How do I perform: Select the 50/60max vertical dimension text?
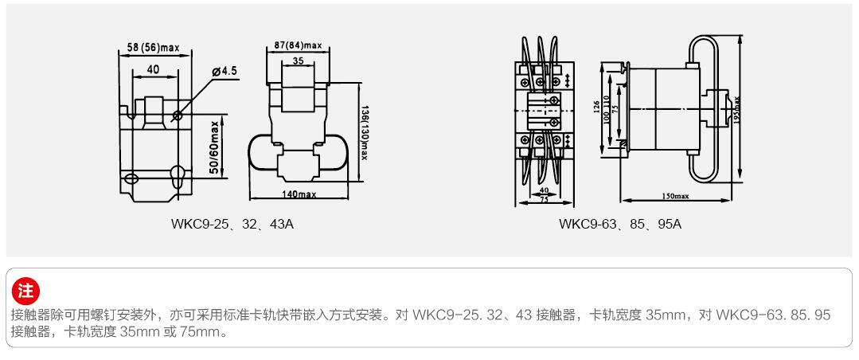[x=215, y=148]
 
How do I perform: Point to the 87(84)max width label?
[x=297, y=45]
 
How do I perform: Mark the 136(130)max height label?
[x=364, y=132]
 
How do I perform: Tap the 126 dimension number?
[x=597, y=108]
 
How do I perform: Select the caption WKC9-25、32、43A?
[x=232, y=224]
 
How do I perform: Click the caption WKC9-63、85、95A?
[x=620, y=224]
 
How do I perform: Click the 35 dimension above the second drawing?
[x=297, y=61]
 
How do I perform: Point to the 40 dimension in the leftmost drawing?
[x=153, y=70]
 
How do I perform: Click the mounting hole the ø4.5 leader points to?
[x=177, y=116]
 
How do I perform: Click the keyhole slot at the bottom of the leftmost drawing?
[x=178, y=173]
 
